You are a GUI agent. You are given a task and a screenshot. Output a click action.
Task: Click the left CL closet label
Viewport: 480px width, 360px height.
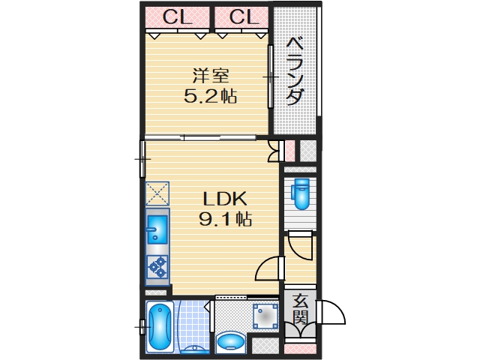[177, 16]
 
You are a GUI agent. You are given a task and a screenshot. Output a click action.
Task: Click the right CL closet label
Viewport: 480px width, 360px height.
[242, 16]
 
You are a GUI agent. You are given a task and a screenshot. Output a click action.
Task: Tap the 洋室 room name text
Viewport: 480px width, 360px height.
[210, 76]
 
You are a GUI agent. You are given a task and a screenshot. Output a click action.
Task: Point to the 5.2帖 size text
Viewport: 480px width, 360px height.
[210, 96]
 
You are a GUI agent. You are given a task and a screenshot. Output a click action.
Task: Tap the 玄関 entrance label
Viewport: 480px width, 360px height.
[299, 310]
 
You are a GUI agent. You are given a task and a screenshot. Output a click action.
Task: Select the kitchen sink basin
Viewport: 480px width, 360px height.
[157, 226]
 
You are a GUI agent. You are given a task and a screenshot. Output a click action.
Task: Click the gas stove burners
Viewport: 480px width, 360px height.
[157, 267]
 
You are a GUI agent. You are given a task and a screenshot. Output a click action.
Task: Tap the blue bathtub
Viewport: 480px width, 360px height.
[159, 326]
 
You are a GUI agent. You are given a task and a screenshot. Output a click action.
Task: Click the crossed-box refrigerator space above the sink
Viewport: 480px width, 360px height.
[158, 193]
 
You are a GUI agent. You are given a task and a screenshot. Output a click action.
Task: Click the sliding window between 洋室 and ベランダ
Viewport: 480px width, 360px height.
[271, 76]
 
